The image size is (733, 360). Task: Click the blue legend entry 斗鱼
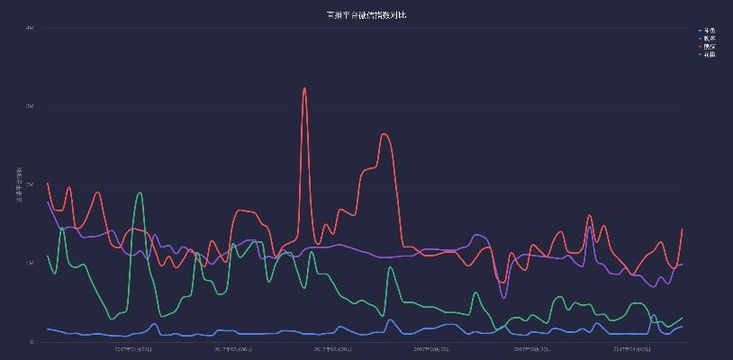[x=709, y=31]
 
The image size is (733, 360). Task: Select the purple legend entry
[x=709, y=39]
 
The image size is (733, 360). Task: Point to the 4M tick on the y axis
[x=30, y=28]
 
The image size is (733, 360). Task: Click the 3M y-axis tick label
[x=30, y=106]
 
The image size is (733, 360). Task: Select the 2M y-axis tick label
[x=30, y=184]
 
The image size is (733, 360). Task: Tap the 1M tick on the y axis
[x=30, y=263]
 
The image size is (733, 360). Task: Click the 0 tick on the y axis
[x=32, y=342]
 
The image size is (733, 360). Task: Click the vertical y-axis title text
[x=18, y=184]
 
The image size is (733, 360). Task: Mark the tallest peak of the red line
[x=304, y=88]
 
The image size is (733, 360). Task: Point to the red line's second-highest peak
[x=385, y=134]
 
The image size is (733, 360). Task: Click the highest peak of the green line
[x=139, y=193]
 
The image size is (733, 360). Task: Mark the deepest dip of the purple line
[x=503, y=298]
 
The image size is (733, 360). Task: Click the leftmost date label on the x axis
[x=133, y=349]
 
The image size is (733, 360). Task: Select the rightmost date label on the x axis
[x=630, y=349]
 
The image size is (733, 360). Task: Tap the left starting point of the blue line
[x=48, y=329]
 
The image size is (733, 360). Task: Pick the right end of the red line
[x=683, y=229]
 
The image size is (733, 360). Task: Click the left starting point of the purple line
[x=48, y=202]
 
